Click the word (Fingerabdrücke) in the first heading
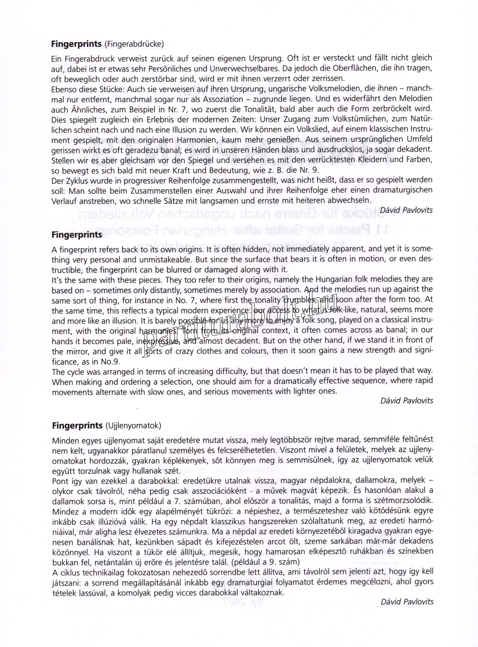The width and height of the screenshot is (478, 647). coord(134,44)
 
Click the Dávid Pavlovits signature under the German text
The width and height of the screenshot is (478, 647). coord(406,210)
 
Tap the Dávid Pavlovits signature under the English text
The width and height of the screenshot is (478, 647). coord(407,401)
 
